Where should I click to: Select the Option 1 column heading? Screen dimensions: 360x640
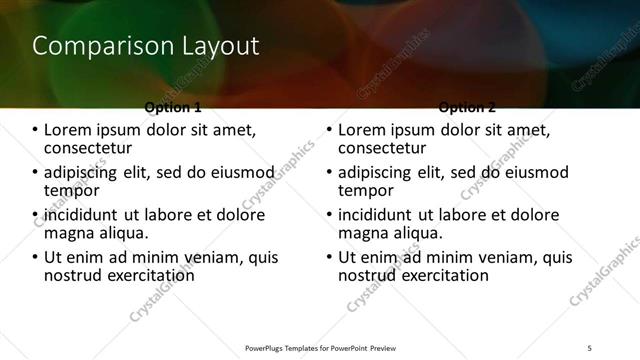[173, 106]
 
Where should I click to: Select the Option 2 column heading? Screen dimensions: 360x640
[467, 106]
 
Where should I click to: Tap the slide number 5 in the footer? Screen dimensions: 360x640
[589, 347]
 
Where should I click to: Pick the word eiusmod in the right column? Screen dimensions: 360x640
[532, 172]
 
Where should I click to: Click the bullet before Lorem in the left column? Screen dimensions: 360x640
[36, 130]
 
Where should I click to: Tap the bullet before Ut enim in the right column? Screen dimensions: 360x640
[330, 257]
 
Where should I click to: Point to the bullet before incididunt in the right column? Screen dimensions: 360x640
[330, 215]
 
